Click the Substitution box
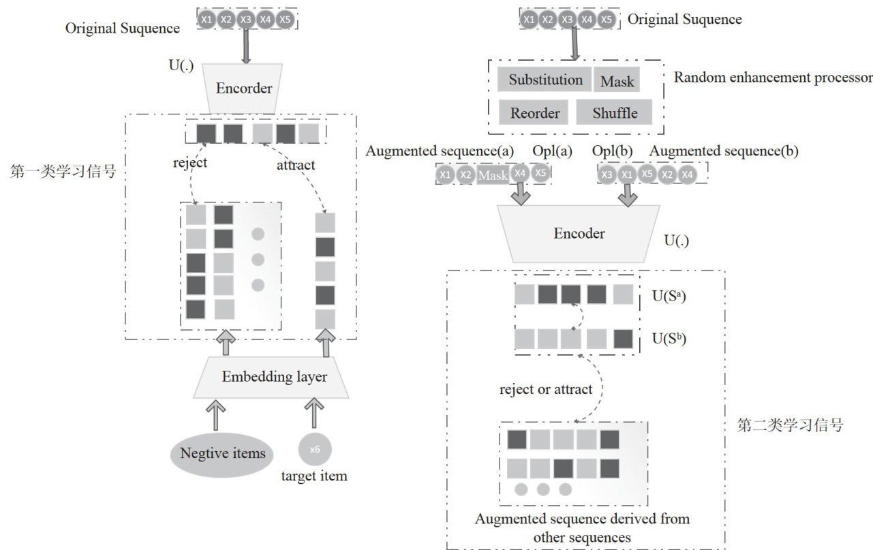coord(545,80)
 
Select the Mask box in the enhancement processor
coord(617,81)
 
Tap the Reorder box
coord(534,112)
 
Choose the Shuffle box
coord(615,112)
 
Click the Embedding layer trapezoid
coord(274,377)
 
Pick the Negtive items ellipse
coord(222,453)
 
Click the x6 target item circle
coord(314,449)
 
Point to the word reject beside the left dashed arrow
coord(189,164)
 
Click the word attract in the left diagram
coord(296,165)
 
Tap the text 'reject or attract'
coord(546,389)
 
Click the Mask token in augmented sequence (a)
coord(493,175)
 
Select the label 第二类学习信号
coord(791,426)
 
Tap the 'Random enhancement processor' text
coord(773,76)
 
